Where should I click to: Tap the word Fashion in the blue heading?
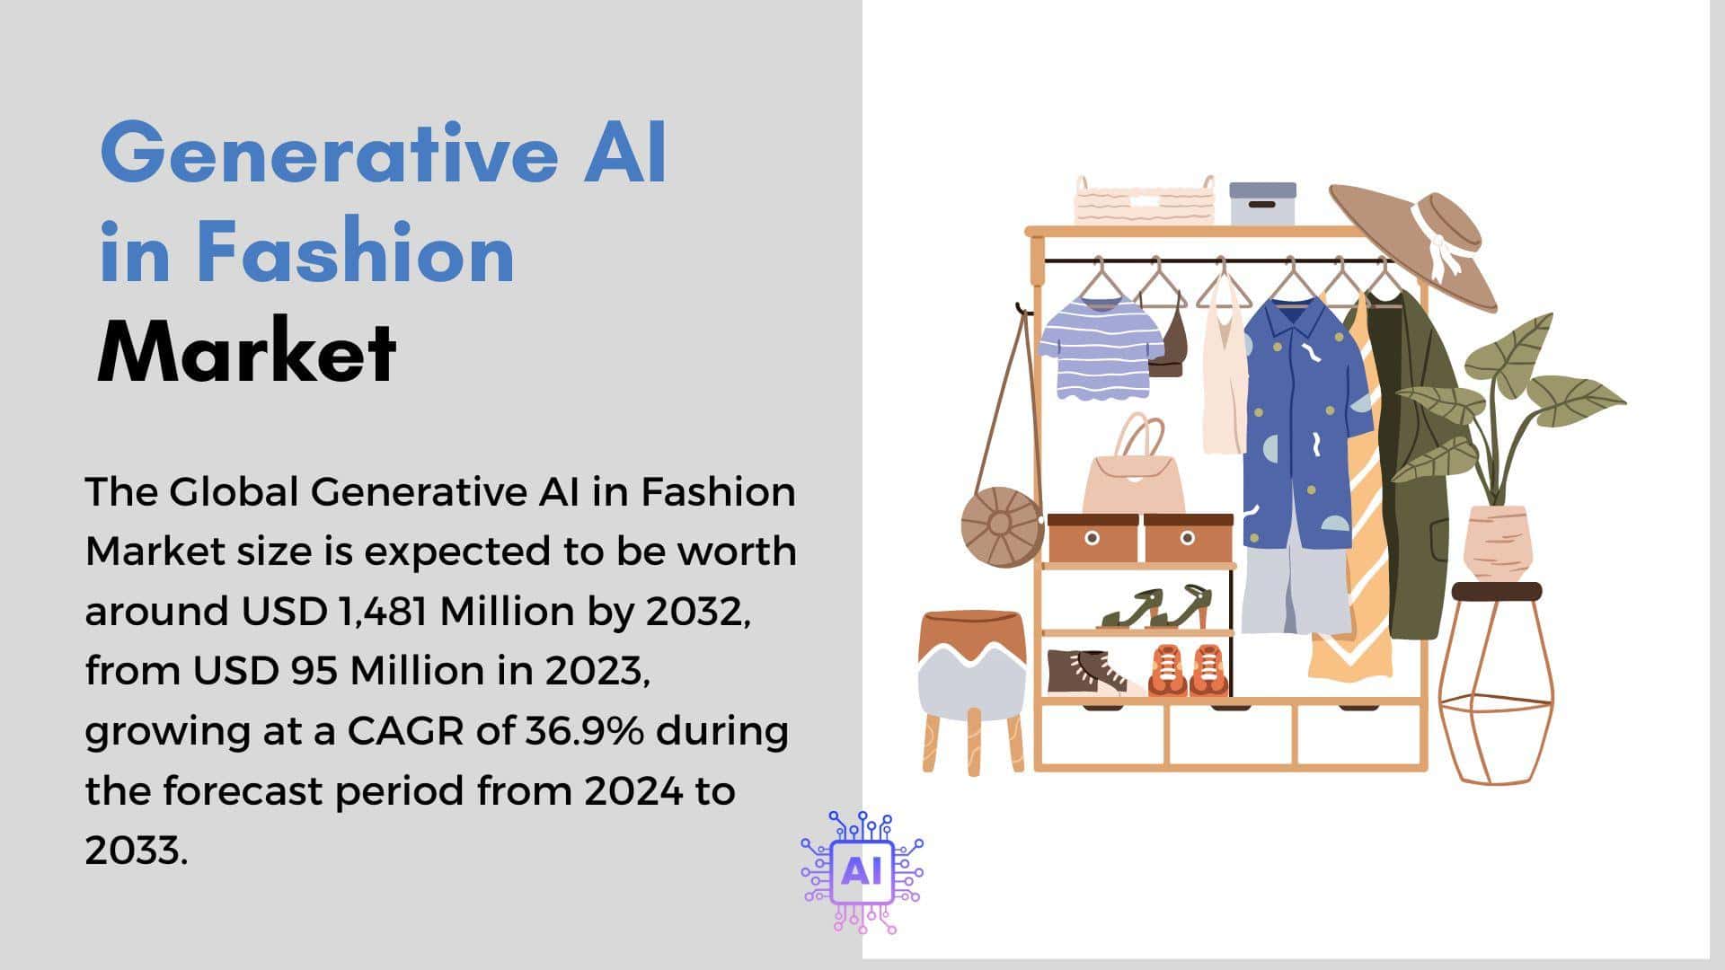point(356,252)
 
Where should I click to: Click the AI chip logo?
point(862,872)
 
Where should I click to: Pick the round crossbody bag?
point(1002,526)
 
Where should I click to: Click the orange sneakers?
point(1188,670)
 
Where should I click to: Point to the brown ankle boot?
point(1086,672)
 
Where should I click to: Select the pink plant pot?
point(1497,542)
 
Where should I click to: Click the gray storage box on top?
point(1262,204)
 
